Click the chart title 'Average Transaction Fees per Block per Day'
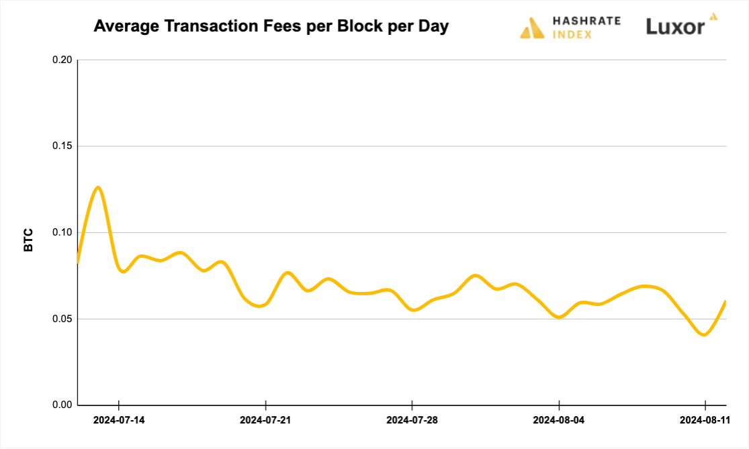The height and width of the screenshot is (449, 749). coord(271,27)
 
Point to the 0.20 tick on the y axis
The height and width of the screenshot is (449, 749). coord(62,60)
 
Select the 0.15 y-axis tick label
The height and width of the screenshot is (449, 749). coord(62,146)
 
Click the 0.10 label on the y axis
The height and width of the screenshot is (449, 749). coord(62,233)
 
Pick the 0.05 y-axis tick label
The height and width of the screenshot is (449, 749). coord(62,319)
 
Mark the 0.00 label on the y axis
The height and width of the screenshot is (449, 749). coord(62,405)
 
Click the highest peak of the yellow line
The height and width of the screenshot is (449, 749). coord(98,187)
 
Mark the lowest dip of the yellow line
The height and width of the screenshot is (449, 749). coord(703,334)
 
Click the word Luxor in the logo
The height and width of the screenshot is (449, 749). coord(675,27)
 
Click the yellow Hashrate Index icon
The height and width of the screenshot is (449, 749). coord(532,28)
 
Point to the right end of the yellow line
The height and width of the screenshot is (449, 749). coord(725,301)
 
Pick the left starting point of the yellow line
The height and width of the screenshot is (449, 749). coord(78,262)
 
